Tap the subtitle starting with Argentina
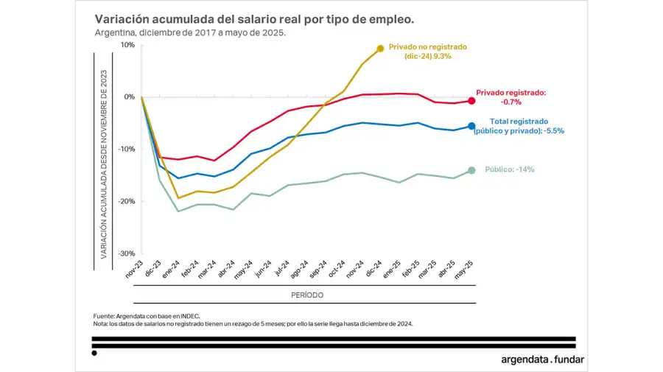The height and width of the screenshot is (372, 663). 190,32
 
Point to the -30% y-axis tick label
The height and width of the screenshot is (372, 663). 126,253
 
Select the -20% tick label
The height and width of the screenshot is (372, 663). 126,201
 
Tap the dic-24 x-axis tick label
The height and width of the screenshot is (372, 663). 373,270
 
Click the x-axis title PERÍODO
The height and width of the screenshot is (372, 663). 304,295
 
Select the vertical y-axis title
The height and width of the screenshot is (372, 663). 104,164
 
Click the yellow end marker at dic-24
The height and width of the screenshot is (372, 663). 380,49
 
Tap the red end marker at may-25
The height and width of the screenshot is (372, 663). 471,101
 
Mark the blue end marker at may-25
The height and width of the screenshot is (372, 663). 471,126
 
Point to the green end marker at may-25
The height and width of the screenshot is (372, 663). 471,171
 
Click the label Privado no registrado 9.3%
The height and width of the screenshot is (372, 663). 427,51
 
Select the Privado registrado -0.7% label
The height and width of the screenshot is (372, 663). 511,97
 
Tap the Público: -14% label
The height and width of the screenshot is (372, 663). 509,169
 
